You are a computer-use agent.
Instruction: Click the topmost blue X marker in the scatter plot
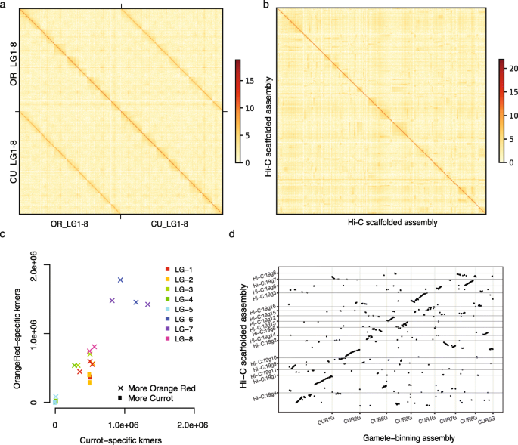click(120, 280)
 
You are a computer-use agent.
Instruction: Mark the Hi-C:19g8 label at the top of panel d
click(265, 273)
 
